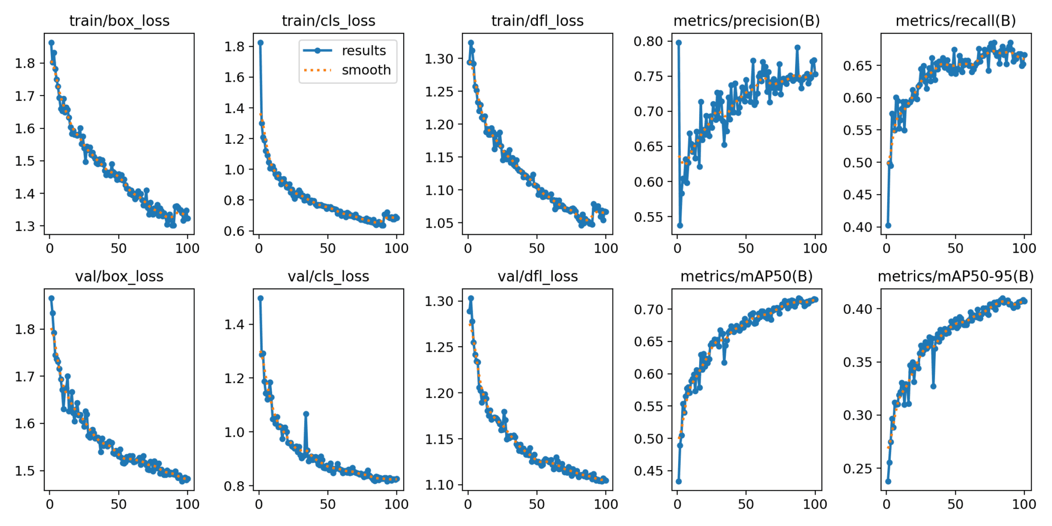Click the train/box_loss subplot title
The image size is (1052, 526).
coord(119,21)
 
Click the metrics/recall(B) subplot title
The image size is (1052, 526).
coord(955,21)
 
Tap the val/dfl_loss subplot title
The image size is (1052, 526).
coord(537,276)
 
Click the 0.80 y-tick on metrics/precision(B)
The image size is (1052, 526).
coord(650,41)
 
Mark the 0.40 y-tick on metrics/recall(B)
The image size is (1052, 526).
coord(859,227)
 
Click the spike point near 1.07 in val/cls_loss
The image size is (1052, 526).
coord(306,414)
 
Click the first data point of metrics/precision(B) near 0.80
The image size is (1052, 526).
coord(679,43)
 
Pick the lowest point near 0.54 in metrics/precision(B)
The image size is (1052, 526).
coord(680,225)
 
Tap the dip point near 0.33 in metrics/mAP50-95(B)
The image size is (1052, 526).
coord(933,386)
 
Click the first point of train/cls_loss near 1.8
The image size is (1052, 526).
coord(260,43)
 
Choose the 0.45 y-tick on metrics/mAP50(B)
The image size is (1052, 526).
coord(650,471)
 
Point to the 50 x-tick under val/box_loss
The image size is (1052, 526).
coord(118,504)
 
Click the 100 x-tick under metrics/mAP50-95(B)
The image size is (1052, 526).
coord(1024,504)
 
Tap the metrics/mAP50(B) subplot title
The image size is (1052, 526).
coord(746,276)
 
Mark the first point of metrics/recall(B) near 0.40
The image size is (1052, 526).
coord(888,225)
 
